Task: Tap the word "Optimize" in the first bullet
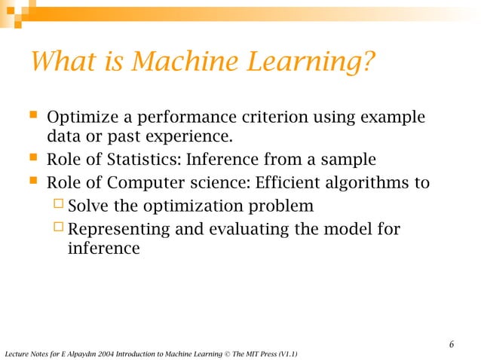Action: [78, 119]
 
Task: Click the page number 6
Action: [451, 345]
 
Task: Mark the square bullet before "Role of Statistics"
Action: [32, 159]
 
